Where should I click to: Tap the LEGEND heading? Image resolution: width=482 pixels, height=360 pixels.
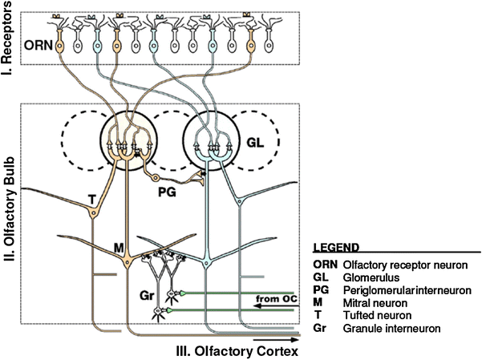pos(335,248)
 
